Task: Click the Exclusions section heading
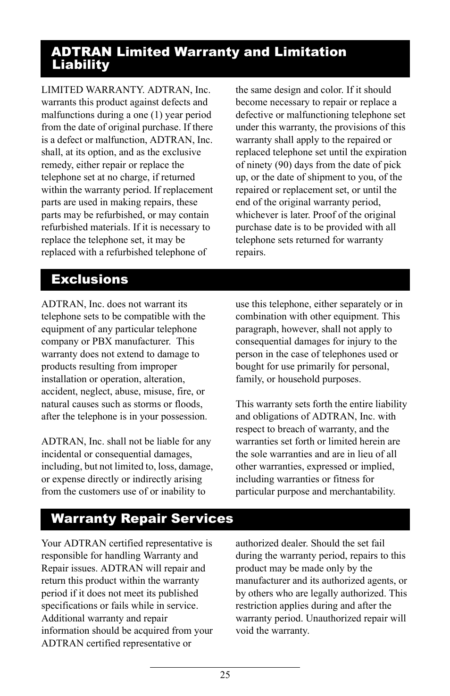coord(90,279)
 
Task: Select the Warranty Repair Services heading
coord(142,519)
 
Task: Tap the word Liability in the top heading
coord(81,65)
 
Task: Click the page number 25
coord(225,675)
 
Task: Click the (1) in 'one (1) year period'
coord(157,115)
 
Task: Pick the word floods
coord(188,404)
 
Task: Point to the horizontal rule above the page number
coord(225,667)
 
